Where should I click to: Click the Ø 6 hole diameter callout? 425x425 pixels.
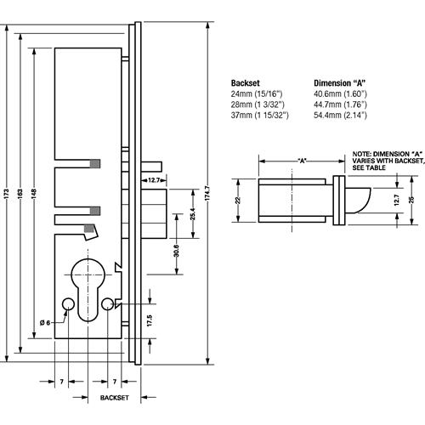tap(46, 321)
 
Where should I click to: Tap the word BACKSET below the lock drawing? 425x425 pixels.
tap(114, 397)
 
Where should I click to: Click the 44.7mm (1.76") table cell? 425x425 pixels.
tap(341, 103)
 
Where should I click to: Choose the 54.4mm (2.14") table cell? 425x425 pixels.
tap(341, 113)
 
